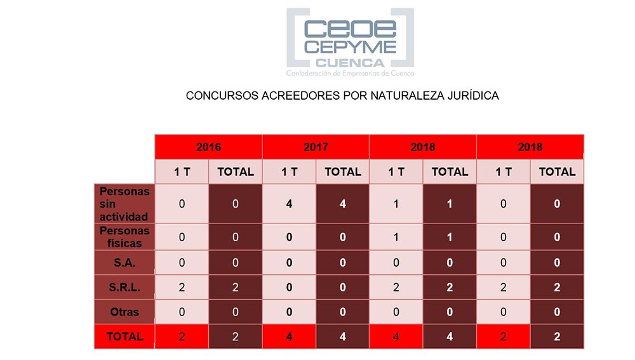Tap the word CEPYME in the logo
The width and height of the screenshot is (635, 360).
(351, 47)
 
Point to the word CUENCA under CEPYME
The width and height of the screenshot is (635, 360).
(350, 63)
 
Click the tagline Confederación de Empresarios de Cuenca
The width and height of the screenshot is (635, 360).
(350, 74)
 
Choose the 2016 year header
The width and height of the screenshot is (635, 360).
(208, 147)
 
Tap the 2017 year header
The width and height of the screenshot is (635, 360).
(316, 147)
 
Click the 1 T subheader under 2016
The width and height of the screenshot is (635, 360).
(182, 171)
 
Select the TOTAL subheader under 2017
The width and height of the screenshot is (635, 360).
(343, 171)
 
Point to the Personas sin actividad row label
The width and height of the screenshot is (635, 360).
(124, 204)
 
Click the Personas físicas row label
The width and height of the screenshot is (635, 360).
(124, 237)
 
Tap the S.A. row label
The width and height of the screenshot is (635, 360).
(124, 262)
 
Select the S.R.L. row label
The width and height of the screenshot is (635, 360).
(124, 287)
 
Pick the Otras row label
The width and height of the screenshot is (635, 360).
(124, 312)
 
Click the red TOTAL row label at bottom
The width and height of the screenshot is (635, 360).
(124, 337)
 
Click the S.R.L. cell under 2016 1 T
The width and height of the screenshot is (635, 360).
(182, 287)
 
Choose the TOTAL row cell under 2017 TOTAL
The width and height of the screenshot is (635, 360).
(343, 337)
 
